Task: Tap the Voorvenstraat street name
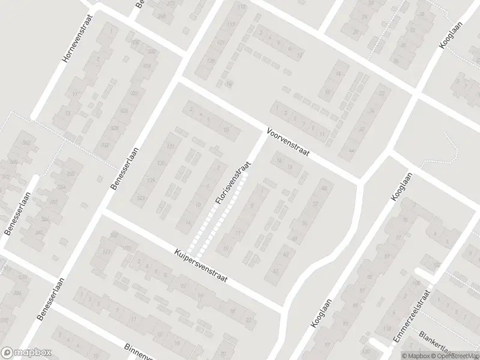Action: (289, 142)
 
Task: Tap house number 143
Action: (141, 198)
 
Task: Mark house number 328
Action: (114, 130)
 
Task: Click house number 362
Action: (26, 142)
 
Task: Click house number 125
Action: (211, 61)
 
